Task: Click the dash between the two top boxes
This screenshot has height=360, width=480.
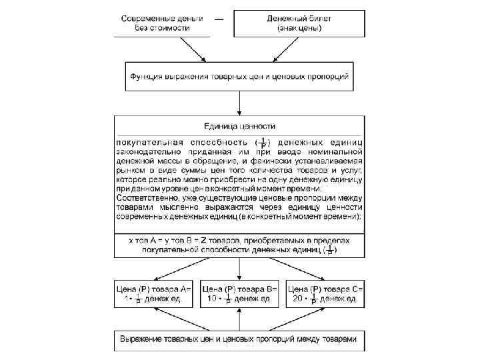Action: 219,19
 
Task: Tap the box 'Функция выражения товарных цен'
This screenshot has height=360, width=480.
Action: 239,76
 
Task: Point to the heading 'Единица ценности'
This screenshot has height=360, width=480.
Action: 239,125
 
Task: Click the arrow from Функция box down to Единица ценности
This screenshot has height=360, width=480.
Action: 239,103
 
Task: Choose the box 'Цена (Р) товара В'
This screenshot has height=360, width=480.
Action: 239,294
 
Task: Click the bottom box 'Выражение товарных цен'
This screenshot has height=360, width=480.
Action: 239,339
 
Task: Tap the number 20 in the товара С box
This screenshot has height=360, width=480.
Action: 298,299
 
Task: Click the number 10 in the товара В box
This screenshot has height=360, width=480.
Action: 211,299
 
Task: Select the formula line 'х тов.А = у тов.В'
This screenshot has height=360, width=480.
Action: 239,239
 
